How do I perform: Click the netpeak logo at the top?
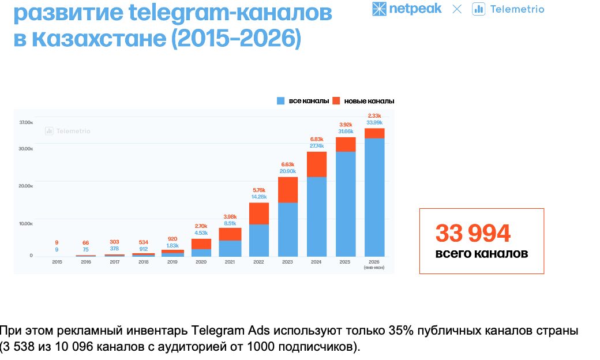tap(407, 9)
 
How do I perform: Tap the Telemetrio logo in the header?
tap(508, 9)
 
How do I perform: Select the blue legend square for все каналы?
tap(280, 101)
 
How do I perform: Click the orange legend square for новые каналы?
tap(336, 101)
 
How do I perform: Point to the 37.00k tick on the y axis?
tap(26, 122)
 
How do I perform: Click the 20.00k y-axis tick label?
tap(26, 186)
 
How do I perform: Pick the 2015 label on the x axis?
tap(57, 262)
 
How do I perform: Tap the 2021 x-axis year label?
tap(230, 262)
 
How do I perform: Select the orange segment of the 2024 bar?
tap(317, 164)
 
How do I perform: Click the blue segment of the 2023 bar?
tap(288, 230)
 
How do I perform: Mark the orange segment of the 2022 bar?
tap(259, 213)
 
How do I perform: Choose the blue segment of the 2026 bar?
tap(374, 197)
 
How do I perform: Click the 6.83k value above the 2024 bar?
tap(317, 139)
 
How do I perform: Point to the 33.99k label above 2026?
tap(374, 122)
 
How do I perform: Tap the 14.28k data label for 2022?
tap(259, 197)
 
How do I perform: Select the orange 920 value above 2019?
tap(172, 239)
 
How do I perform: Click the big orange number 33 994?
tap(473, 233)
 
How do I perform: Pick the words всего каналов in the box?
tap(482, 253)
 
